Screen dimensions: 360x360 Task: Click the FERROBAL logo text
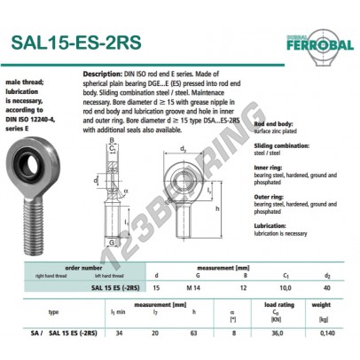[322, 43]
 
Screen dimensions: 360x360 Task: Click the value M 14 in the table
[192, 287]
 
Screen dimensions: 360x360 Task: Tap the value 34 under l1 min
[117, 332]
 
